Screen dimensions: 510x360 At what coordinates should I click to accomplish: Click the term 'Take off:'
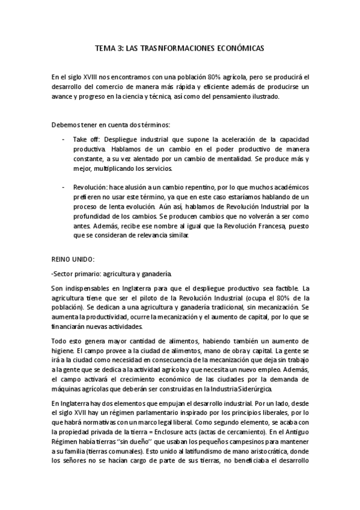point(85,138)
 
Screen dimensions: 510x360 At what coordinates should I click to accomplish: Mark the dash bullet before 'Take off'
point(64,138)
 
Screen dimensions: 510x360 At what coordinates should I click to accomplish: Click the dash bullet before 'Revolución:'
point(64,188)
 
